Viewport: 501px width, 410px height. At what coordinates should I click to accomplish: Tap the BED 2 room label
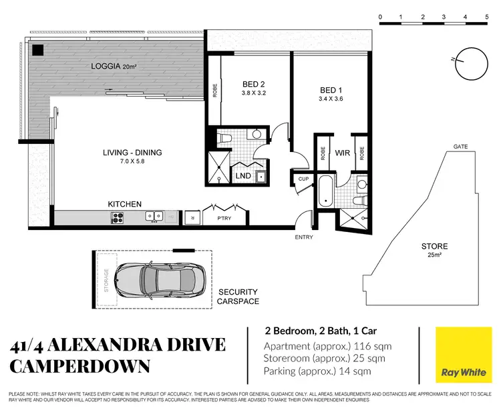254,88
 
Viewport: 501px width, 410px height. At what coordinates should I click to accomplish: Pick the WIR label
343,153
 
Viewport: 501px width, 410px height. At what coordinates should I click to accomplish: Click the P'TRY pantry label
222,218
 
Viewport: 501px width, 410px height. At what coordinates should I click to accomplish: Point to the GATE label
459,146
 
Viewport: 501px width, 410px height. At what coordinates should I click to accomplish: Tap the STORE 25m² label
434,251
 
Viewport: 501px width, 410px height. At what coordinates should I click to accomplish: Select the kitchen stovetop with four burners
118,217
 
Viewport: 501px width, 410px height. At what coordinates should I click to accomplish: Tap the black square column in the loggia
39,49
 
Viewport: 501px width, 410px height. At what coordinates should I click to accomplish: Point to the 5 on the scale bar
486,15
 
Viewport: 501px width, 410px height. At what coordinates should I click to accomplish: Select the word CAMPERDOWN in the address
81,367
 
